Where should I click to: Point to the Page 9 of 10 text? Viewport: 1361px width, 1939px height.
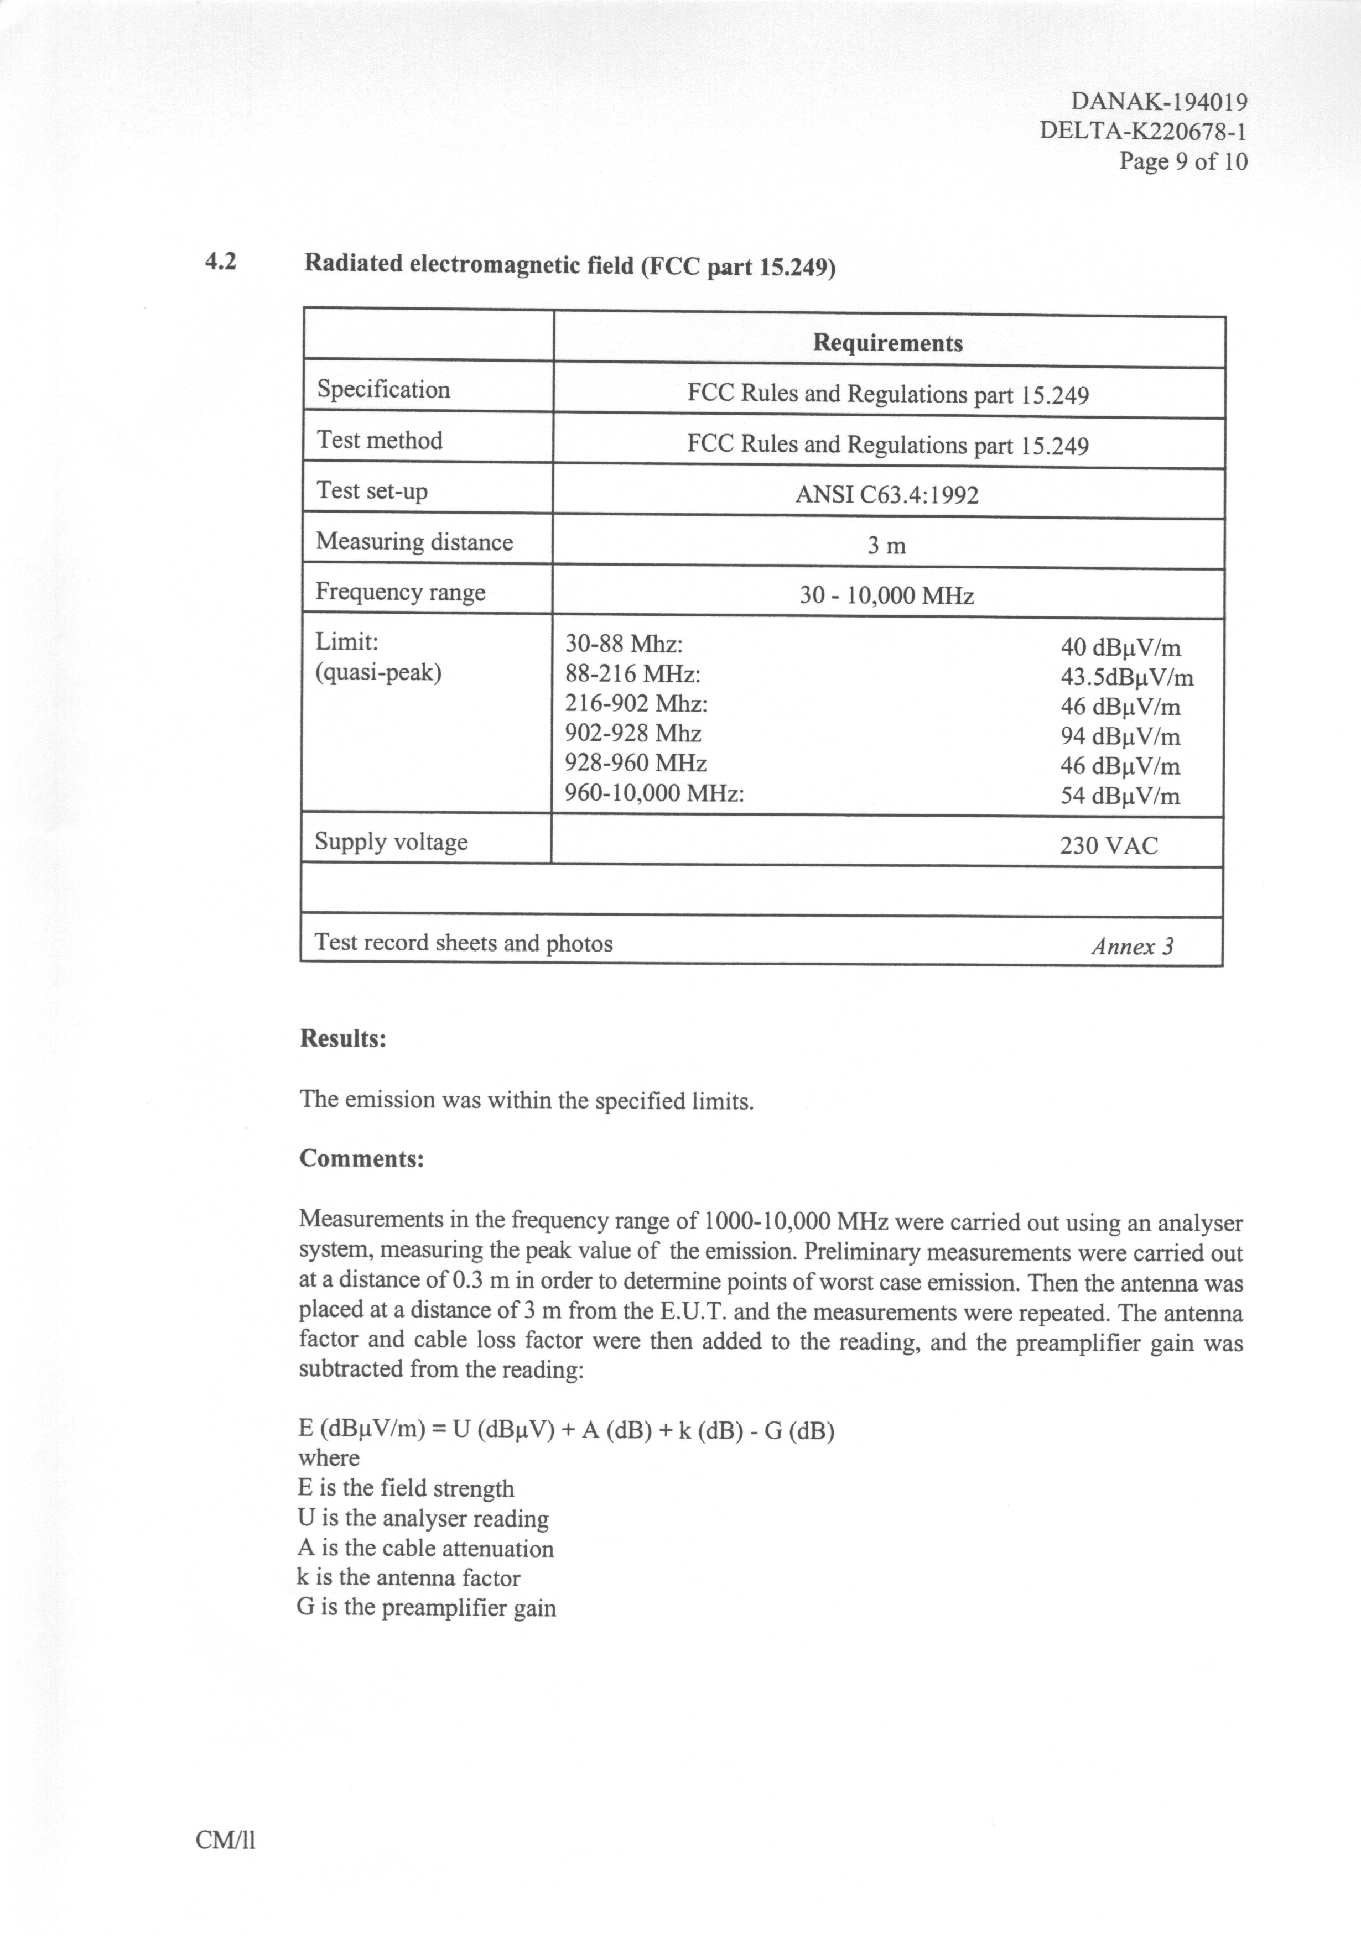(x=1183, y=161)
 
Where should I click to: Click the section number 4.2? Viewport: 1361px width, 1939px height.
(x=221, y=263)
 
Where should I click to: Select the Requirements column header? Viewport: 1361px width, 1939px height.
(x=888, y=343)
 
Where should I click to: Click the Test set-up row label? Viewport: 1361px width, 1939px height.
(x=372, y=490)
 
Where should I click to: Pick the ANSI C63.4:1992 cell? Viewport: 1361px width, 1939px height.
(x=886, y=495)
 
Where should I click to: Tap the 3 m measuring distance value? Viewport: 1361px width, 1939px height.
(x=886, y=546)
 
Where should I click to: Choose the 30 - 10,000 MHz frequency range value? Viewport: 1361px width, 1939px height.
(x=886, y=596)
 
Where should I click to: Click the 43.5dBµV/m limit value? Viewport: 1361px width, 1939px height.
(x=1127, y=677)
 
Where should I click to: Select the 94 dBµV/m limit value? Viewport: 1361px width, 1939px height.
(x=1120, y=736)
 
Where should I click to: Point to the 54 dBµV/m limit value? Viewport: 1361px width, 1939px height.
(x=1120, y=796)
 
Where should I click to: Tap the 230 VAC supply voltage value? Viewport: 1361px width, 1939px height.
(x=1108, y=845)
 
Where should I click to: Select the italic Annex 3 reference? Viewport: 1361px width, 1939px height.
(x=1132, y=947)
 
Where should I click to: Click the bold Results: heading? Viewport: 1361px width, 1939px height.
(x=343, y=1039)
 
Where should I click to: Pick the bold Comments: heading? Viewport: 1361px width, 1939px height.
(x=362, y=1158)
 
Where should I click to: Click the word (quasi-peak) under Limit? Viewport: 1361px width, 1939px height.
(x=378, y=673)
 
